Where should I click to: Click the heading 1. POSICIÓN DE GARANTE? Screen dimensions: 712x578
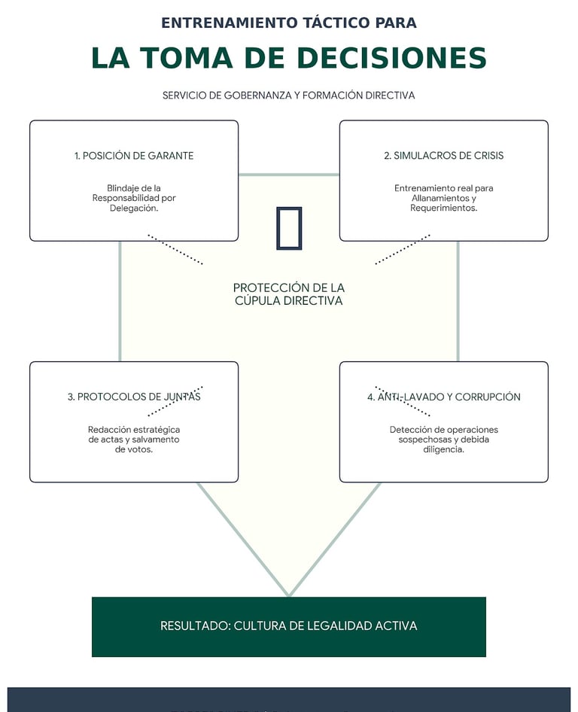coord(134,156)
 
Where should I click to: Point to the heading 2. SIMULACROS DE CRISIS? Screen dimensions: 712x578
coord(443,156)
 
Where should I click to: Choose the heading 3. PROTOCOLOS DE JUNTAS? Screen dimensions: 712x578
coord(134,397)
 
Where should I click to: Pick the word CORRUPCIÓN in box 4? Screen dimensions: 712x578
coord(488,397)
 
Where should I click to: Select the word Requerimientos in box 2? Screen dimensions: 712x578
coord(443,208)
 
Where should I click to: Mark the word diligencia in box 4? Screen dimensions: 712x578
coord(443,449)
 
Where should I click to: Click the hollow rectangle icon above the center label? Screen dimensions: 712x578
coord(289,227)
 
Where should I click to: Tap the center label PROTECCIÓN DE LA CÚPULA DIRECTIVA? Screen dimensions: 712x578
coord(289,294)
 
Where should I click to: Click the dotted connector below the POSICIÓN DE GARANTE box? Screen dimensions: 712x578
coord(175,249)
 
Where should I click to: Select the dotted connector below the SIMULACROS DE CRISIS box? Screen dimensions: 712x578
coord(403,249)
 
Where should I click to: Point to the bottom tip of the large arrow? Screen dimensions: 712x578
coord(289,594)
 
